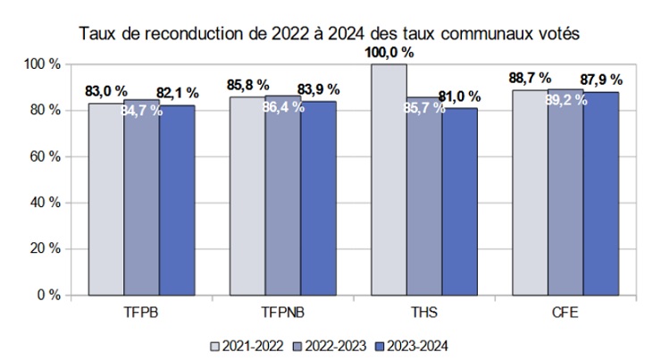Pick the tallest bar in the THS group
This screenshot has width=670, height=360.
389,179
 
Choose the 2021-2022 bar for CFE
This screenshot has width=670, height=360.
530,192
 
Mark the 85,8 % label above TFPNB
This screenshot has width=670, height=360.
247,85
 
